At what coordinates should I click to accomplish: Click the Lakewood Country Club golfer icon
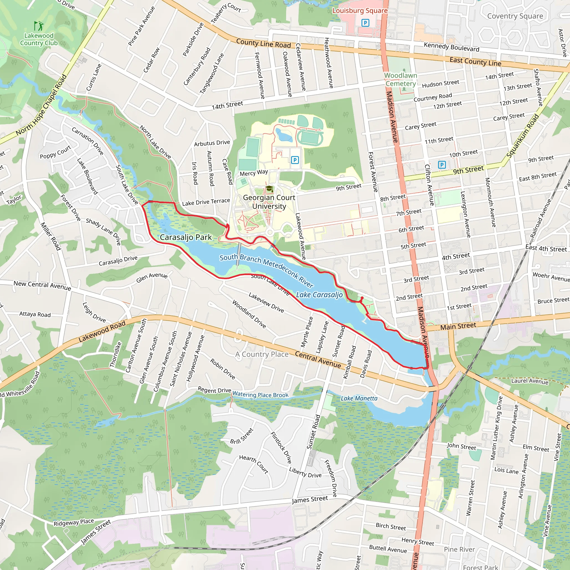click(x=39, y=26)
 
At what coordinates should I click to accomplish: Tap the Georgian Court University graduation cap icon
click(x=269, y=188)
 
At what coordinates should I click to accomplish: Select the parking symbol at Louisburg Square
click(x=365, y=23)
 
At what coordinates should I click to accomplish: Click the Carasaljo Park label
click(x=186, y=237)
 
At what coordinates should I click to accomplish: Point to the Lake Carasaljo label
click(x=319, y=295)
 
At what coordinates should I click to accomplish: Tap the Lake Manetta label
click(x=359, y=398)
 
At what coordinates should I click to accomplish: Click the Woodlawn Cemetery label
click(x=401, y=79)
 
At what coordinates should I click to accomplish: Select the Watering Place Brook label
click(x=260, y=394)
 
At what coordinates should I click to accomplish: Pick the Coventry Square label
click(x=515, y=16)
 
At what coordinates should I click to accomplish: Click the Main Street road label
click(x=458, y=326)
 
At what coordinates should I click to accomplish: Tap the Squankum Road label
click(x=522, y=136)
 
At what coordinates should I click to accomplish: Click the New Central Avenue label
click(x=42, y=285)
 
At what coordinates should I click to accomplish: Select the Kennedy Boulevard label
click(x=451, y=47)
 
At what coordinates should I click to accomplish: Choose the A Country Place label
click(x=262, y=354)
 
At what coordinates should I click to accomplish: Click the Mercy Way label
click(x=254, y=173)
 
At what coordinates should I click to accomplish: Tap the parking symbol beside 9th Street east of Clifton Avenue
click(x=442, y=165)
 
